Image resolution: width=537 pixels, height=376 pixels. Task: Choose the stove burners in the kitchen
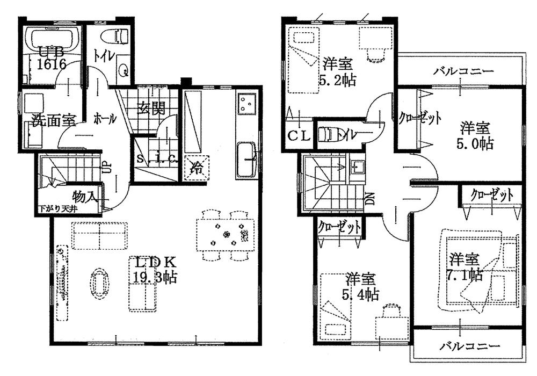click(246, 103)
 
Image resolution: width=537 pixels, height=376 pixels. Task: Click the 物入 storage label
click(84, 196)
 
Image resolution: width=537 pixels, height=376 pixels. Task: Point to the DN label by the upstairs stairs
click(371, 199)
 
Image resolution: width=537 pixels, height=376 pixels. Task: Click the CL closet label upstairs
click(298, 136)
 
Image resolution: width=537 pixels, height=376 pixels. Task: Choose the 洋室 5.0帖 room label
click(475, 136)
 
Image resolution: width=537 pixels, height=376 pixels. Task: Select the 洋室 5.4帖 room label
click(360, 286)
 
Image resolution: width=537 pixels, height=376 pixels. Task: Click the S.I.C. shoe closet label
click(156, 160)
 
